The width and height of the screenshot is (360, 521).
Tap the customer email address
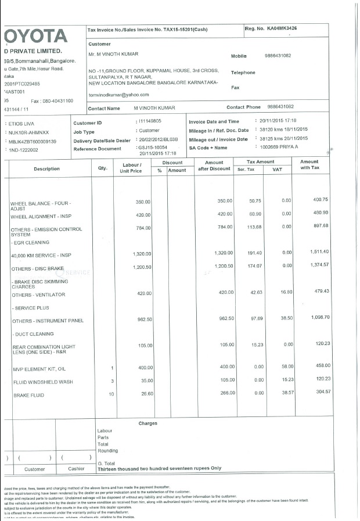point(118,95)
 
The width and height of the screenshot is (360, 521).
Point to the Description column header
point(46,169)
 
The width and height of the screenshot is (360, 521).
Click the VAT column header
point(277,169)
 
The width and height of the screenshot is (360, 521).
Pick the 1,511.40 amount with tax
point(317,251)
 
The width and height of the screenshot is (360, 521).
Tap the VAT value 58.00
point(285,367)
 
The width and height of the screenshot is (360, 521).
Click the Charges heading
point(147,423)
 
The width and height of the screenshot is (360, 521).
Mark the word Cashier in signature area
point(76,468)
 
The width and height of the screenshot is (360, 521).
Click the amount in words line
point(159,468)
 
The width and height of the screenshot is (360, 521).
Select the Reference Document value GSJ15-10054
point(153,148)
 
